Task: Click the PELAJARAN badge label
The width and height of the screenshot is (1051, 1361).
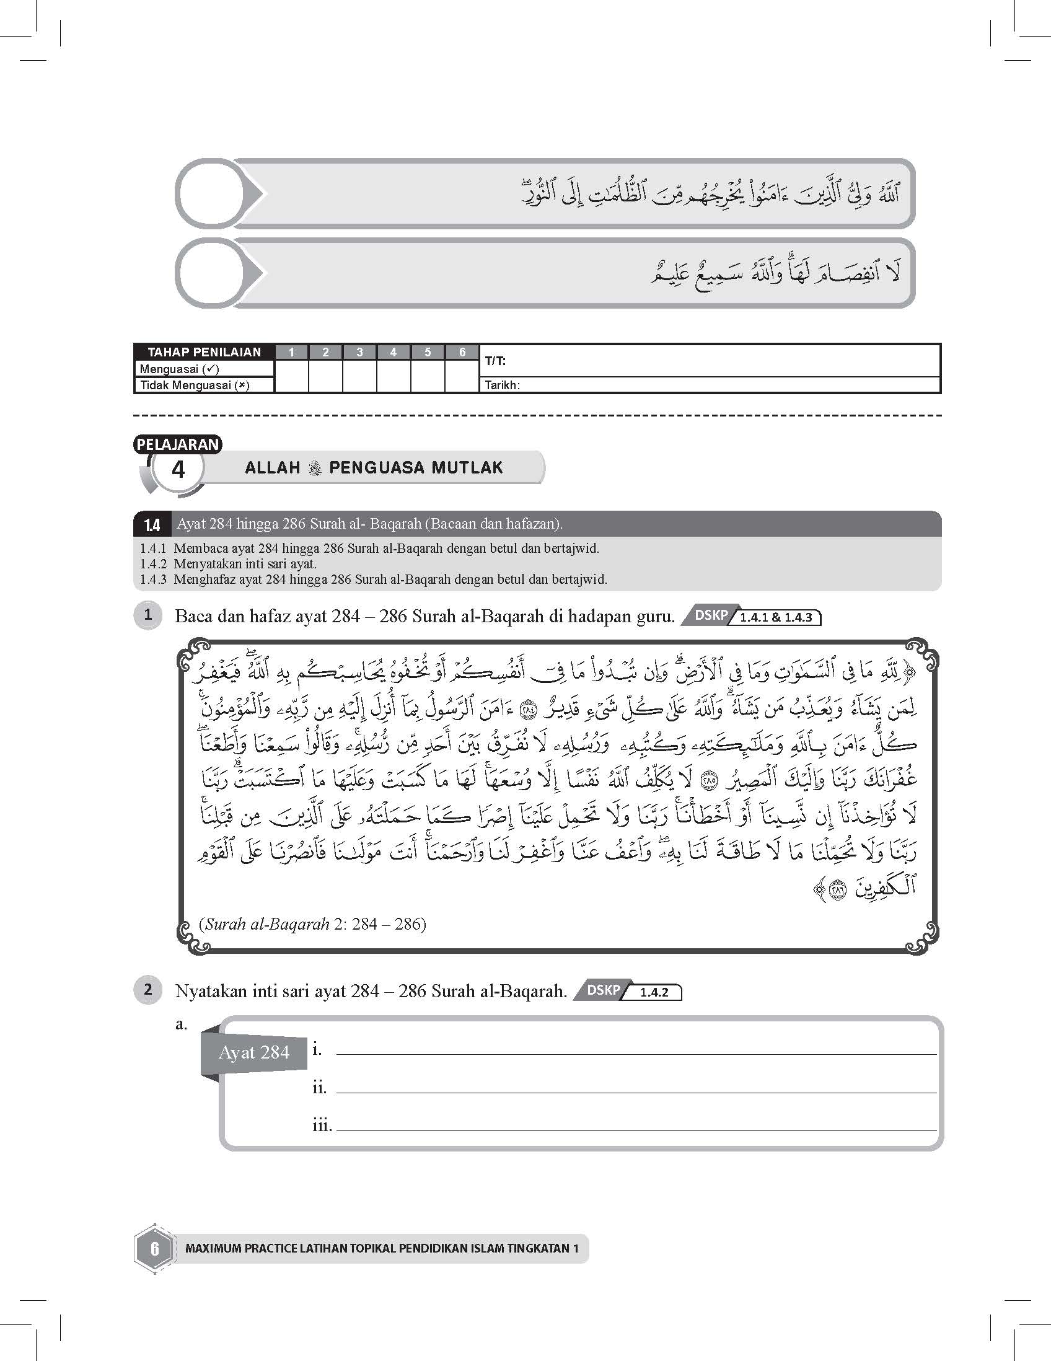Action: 178,444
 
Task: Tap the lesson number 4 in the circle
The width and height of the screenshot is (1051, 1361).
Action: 178,469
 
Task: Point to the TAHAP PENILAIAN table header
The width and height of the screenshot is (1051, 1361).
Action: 204,352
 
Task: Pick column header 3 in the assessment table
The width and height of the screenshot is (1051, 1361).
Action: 359,352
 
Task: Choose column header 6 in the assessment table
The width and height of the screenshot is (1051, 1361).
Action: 462,352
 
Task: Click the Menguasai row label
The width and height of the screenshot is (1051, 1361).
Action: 180,369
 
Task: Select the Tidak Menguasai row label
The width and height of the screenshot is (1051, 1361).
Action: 195,385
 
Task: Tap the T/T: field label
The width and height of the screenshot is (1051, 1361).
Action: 495,361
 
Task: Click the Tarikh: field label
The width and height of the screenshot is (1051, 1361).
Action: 502,385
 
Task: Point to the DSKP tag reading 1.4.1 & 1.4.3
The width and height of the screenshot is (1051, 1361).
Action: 752,617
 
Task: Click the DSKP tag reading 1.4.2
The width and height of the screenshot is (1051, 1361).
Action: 627,991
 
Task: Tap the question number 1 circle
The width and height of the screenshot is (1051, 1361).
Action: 147,615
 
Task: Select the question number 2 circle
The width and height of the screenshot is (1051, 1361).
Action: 147,990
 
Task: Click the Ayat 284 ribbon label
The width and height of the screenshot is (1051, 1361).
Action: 254,1052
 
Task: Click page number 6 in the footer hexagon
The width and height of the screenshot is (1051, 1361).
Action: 154,1248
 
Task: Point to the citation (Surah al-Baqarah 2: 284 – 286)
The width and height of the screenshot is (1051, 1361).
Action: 313,923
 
